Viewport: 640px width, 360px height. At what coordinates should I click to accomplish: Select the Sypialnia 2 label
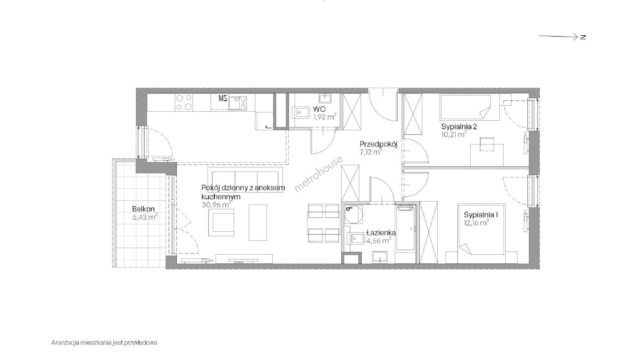[459, 127]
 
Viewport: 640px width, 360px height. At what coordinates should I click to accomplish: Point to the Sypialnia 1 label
[481, 215]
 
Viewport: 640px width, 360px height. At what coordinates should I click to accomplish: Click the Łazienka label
[381, 233]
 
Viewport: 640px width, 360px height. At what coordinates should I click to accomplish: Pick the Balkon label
[143, 209]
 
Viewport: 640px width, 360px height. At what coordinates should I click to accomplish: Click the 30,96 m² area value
[216, 205]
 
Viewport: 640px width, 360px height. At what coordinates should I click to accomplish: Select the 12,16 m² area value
[476, 223]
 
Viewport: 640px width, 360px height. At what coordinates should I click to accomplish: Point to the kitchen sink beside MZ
[238, 102]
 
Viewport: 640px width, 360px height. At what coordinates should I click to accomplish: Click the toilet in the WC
[301, 113]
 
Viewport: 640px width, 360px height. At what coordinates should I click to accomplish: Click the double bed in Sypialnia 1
[481, 229]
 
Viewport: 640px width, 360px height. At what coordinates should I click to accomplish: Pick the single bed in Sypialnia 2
[466, 107]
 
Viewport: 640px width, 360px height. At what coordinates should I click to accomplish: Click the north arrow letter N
[583, 37]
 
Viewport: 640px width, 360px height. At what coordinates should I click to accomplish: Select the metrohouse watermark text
[318, 174]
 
